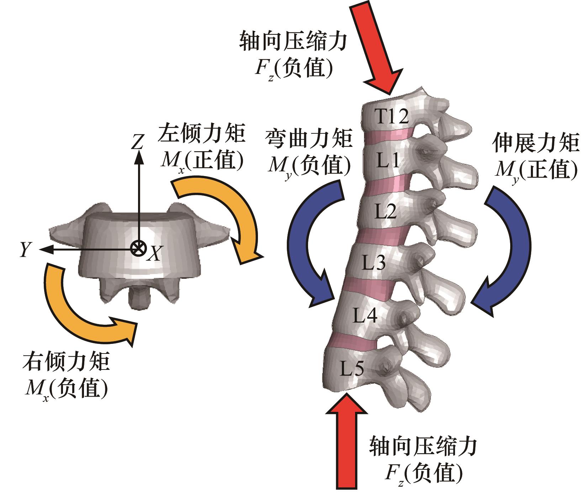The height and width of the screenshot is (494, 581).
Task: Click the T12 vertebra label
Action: [x=392, y=116]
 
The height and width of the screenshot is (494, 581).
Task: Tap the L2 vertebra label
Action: [x=386, y=212]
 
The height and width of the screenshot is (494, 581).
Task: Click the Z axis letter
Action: [x=137, y=142]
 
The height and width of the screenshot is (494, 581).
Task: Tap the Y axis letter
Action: [x=25, y=250]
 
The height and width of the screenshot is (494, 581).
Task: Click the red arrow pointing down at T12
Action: [x=378, y=46]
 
